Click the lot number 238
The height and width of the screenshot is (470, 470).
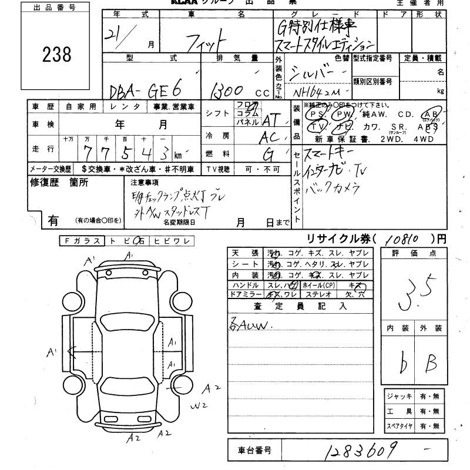pos(58,54)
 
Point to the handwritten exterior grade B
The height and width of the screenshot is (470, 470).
pos(431,364)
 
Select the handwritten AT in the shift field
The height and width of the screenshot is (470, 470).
pos(270,120)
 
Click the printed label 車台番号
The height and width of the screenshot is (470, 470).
pos(254,451)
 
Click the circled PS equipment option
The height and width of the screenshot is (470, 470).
pos(318,114)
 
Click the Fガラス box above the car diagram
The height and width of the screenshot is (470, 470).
pos(82,241)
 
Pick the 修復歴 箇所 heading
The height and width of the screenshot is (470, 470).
pos(59,182)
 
